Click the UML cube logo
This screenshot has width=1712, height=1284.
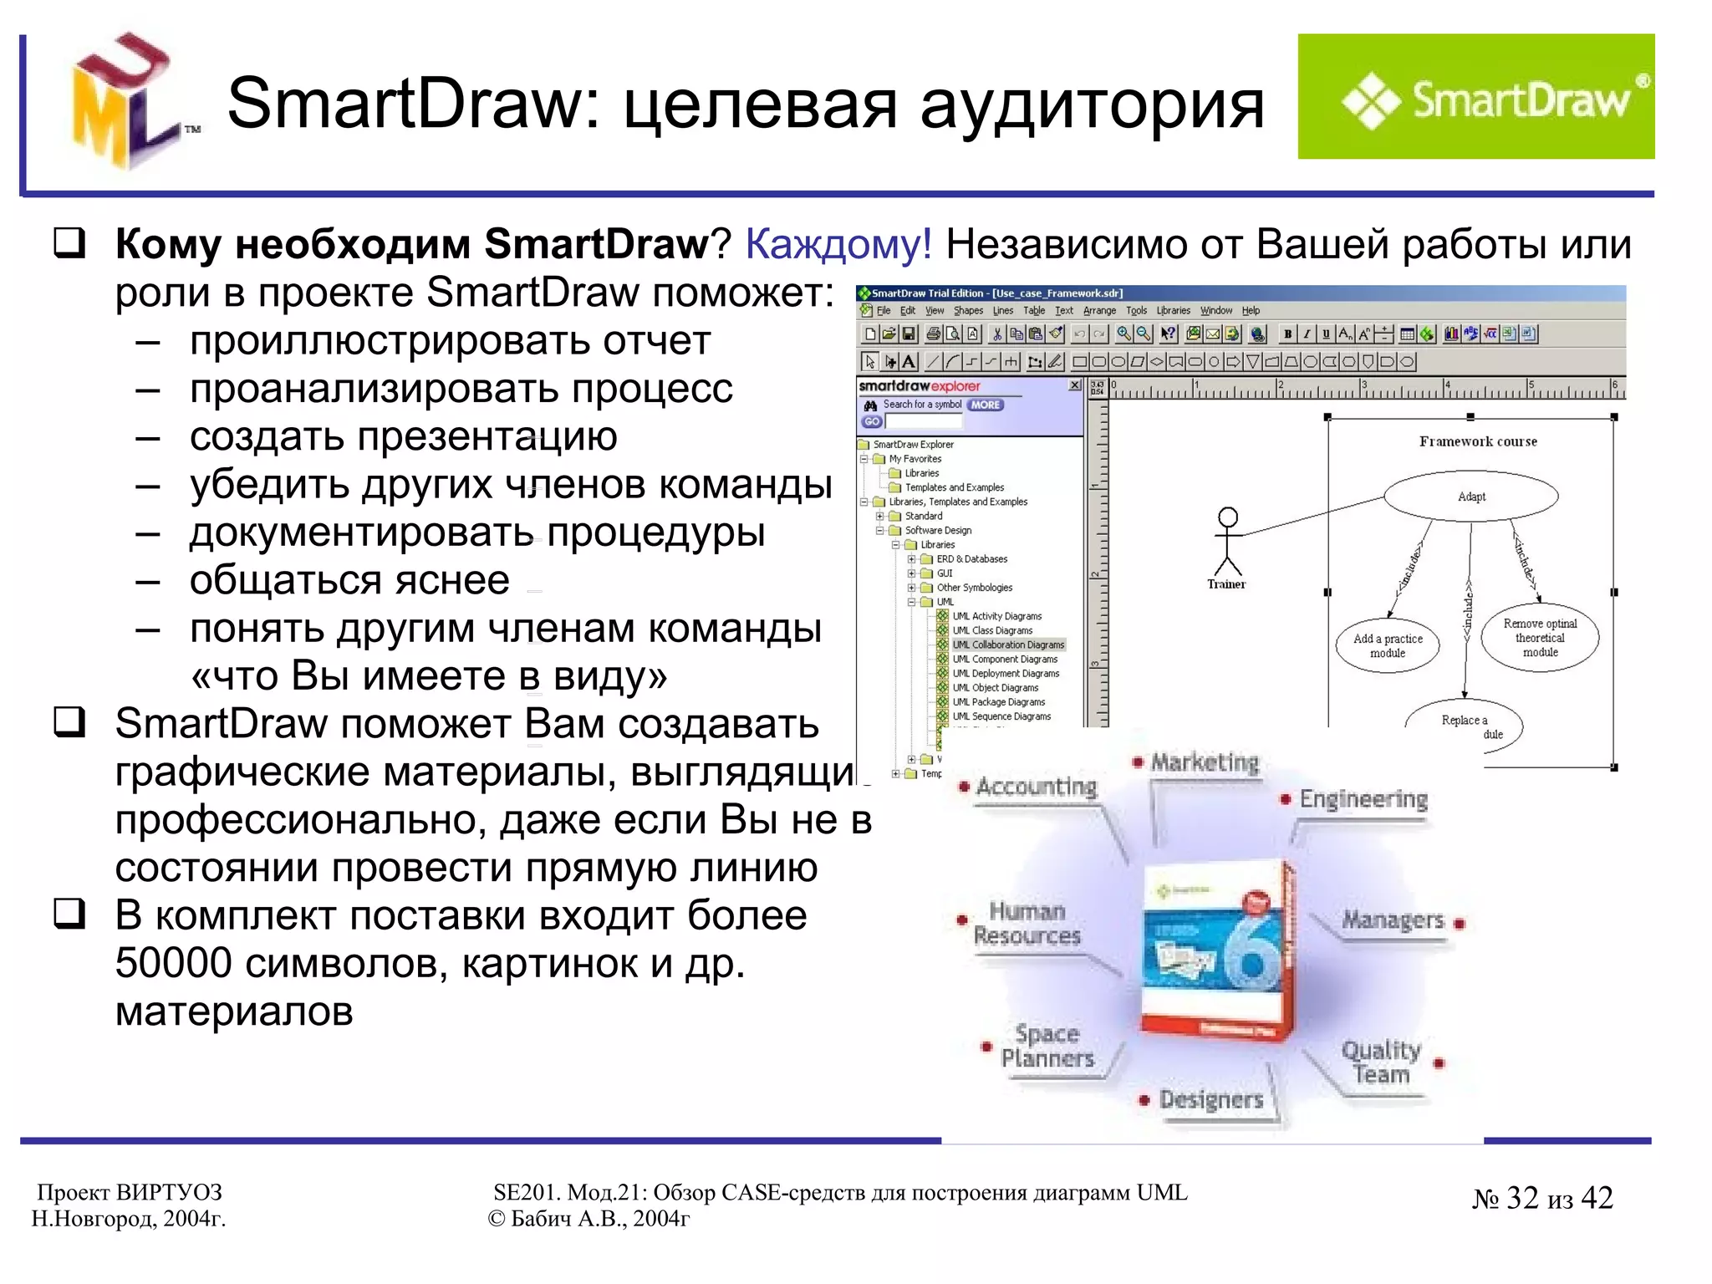point(125,102)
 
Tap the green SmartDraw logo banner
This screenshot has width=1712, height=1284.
point(1475,97)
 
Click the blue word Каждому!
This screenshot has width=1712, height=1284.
point(838,245)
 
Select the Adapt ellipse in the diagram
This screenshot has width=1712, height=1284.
point(1470,497)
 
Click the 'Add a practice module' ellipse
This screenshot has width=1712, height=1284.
point(1388,645)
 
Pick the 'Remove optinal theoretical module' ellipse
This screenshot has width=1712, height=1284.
point(1540,638)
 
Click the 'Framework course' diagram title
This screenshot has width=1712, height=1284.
point(1478,441)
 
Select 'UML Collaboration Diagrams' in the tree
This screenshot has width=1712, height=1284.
point(1008,645)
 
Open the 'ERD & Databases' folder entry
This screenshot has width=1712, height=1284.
point(971,559)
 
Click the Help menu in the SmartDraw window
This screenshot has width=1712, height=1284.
point(1251,311)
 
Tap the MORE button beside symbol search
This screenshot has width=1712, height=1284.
point(986,405)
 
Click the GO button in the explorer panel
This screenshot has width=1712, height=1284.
point(872,422)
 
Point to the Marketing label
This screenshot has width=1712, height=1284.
point(1205,762)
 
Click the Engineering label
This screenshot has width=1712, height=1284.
point(1363,799)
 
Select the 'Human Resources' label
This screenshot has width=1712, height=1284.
point(1027,923)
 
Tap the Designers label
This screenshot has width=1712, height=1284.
point(1211,1099)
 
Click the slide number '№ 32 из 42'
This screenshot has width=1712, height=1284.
point(1542,1199)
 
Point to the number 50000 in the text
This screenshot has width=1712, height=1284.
point(173,964)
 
